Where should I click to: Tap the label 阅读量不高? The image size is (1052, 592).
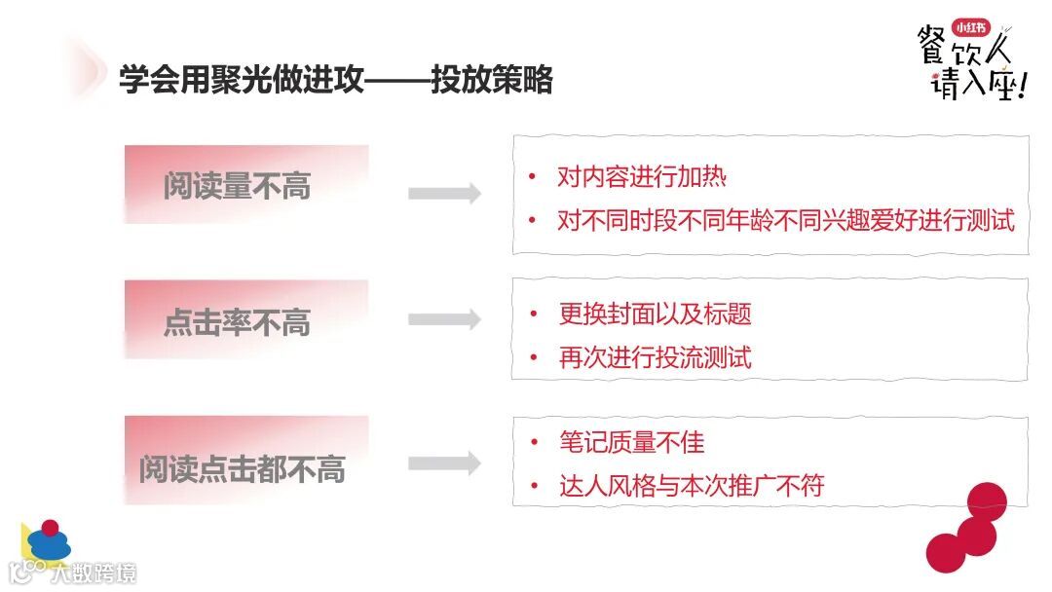(x=237, y=186)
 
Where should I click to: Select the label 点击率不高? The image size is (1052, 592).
(x=237, y=322)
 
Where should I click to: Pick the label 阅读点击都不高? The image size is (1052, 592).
(x=242, y=469)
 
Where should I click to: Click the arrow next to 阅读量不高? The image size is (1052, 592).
(x=444, y=193)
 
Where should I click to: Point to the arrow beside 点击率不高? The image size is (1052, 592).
(x=444, y=318)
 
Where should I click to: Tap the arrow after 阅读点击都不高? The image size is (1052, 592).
(x=444, y=463)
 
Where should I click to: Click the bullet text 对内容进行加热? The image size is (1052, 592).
(x=642, y=177)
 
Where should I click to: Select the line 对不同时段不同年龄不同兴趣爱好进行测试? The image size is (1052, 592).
(x=785, y=220)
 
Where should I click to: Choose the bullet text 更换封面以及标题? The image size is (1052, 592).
(x=655, y=314)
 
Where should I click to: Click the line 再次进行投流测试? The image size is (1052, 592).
(x=655, y=356)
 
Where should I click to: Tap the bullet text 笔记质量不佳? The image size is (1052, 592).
(x=631, y=443)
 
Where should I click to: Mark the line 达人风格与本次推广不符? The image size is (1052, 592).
(x=691, y=485)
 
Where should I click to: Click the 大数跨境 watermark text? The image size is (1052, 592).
(x=94, y=573)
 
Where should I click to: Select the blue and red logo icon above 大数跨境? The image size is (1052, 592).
(x=47, y=541)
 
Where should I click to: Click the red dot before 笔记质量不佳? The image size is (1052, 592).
(x=533, y=443)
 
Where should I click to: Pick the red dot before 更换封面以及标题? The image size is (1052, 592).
(x=533, y=314)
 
